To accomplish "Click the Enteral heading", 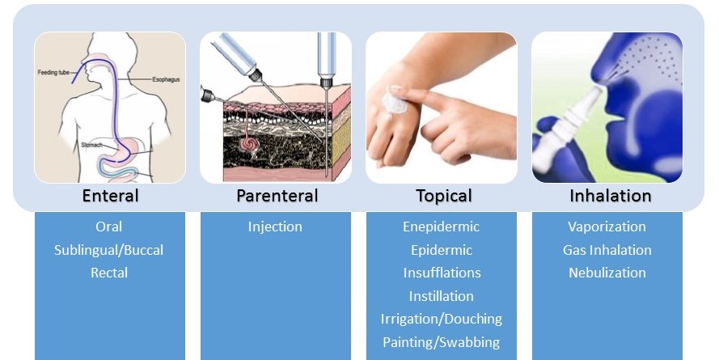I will pos(109,196).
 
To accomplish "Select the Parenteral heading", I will pos(277,196).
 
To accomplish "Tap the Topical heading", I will pos(443,196).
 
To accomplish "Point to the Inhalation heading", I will pos(611,196).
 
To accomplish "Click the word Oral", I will pos(108,227).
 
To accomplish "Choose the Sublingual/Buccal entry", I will pos(108,250).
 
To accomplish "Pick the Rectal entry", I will pos(108,273).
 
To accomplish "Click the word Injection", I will pos(275,227).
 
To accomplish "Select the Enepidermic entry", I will pos(441,227).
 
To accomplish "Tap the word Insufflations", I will pos(442,273).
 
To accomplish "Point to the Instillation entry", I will pos(441,296).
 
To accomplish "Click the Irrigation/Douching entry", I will pos(441,319).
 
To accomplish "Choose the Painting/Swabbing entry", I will pos(441,342).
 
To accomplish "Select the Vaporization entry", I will pos(607,227).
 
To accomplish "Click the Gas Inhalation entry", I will pos(607,250).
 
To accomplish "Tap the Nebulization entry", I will pos(607,273).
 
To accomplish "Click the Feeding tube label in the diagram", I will pos(53,73).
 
